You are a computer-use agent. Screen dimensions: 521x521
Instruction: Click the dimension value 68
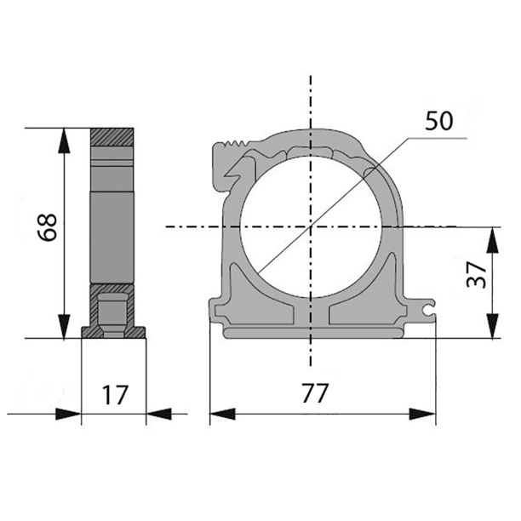(x=48, y=227)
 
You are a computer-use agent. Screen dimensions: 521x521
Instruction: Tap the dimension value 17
(x=115, y=395)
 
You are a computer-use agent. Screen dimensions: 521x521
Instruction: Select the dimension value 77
(x=315, y=393)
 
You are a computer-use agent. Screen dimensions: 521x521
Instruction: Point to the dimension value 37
(x=476, y=274)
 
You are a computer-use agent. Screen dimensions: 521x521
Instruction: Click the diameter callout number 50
(x=439, y=121)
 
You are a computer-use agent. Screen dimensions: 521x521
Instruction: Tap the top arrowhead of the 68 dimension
(x=64, y=140)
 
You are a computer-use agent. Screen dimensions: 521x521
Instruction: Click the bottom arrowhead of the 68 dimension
(x=64, y=326)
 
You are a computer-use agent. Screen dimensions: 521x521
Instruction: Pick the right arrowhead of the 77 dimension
(x=422, y=414)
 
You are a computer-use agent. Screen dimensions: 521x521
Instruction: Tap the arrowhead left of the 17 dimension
(x=68, y=414)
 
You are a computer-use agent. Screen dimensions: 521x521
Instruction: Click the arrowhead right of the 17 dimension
(x=158, y=414)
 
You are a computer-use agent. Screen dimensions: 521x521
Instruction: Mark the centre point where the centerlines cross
(x=311, y=227)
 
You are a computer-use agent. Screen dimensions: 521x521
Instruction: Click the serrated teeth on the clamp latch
(x=237, y=144)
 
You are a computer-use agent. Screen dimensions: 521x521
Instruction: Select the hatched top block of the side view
(x=112, y=137)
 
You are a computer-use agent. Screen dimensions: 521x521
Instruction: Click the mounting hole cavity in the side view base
(x=113, y=314)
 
